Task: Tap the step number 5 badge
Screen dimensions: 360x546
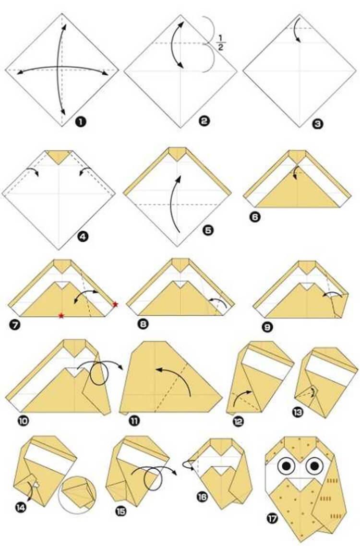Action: click(x=208, y=230)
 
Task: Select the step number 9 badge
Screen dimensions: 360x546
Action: click(x=268, y=327)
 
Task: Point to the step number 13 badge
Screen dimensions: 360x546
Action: click(x=298, y=412)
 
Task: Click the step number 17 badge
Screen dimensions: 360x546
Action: click(x=272, y=519)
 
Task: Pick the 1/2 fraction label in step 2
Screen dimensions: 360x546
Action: click(x=220, y=43)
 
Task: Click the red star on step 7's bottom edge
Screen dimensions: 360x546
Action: click(x=61, y=316)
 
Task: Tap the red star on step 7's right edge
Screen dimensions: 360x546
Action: click(x=115, y=305)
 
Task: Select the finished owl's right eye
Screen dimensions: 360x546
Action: click(x=314, y=465)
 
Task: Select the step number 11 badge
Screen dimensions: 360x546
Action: click(x=134, y=421)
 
